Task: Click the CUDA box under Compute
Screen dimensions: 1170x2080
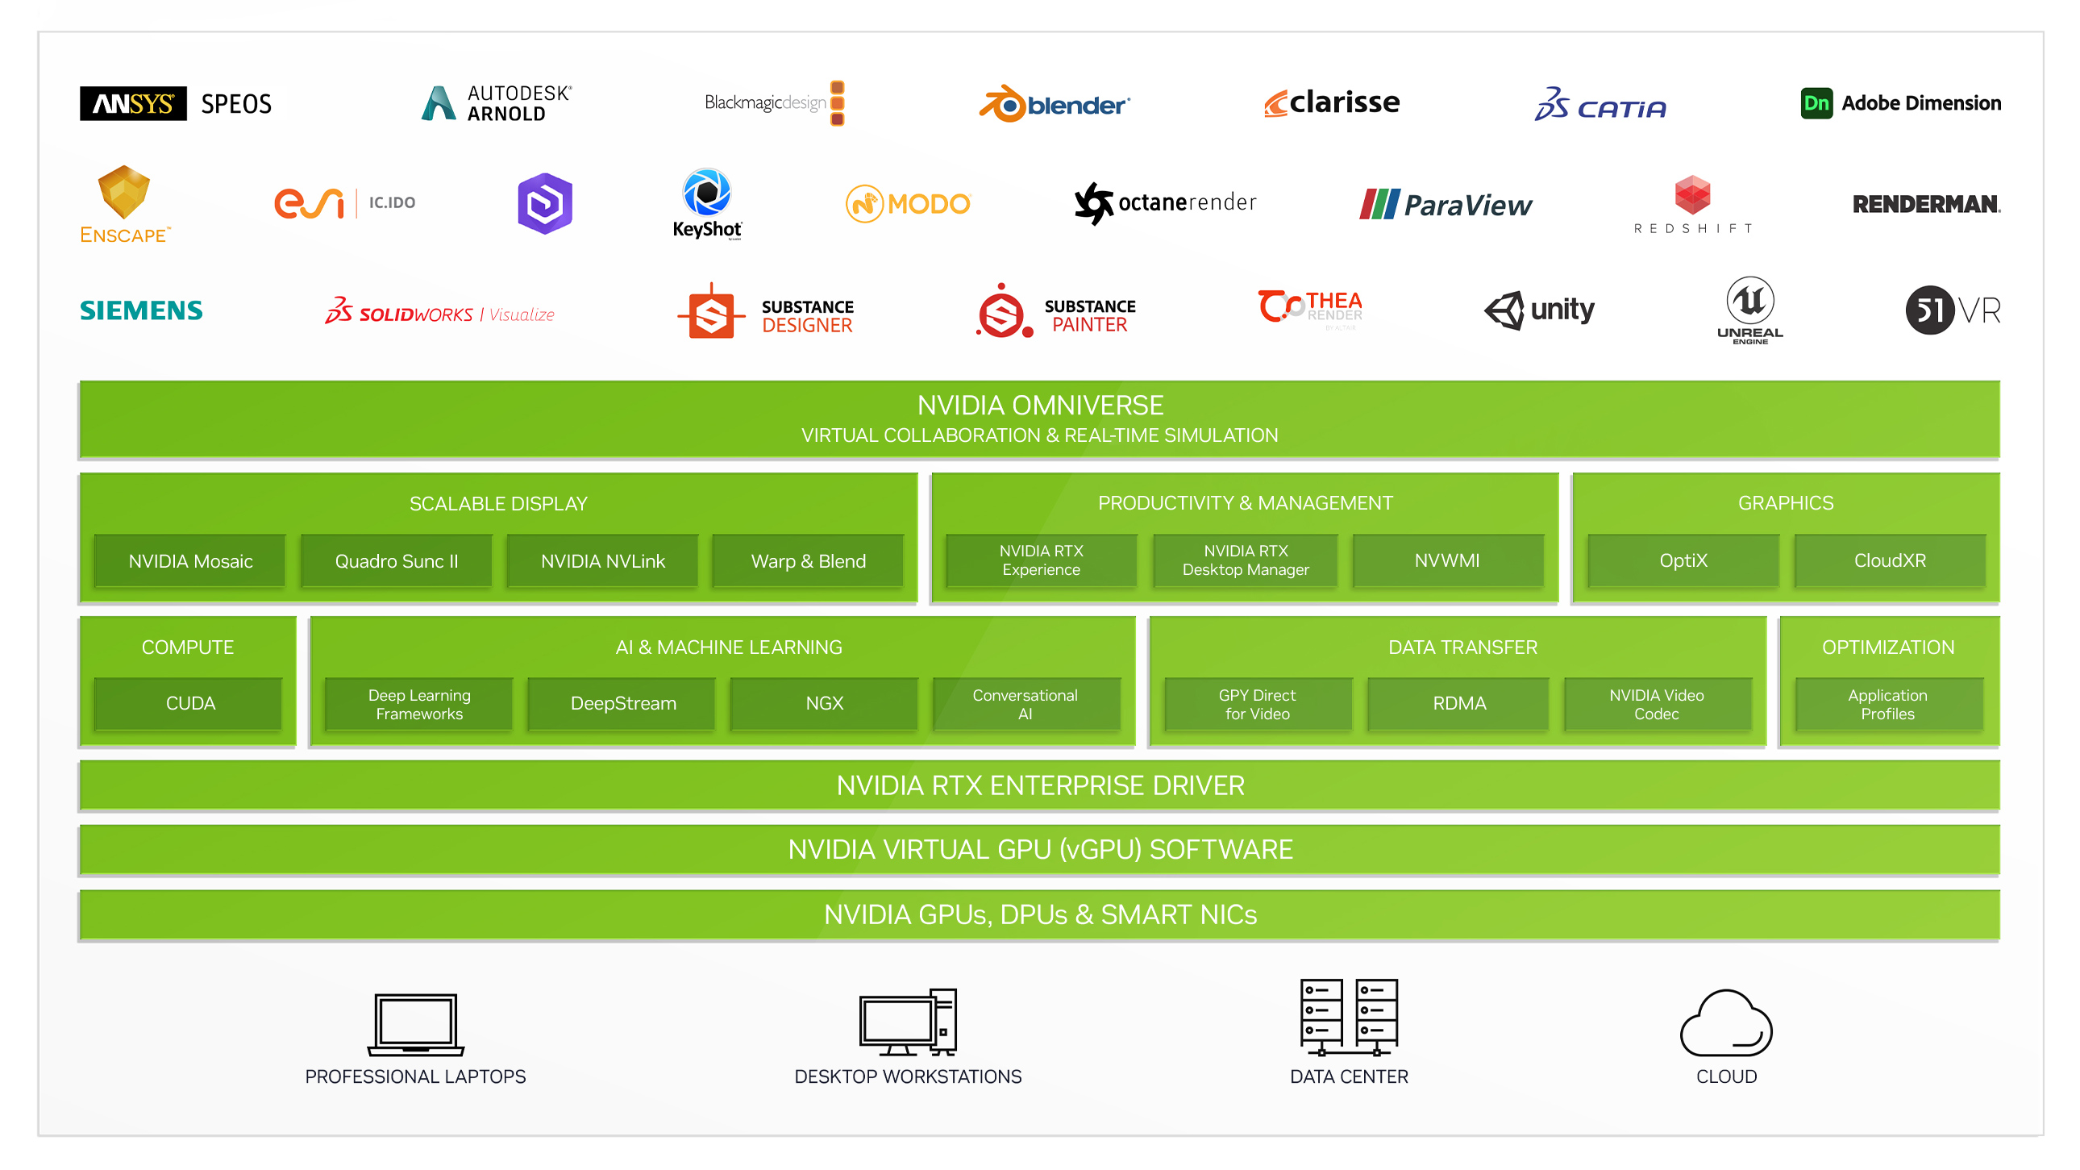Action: (189, 703)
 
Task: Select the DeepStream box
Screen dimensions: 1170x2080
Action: (622, 703)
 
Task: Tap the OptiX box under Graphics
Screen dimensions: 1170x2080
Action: (1683, 560)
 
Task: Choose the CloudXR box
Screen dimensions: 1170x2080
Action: (1890, 560)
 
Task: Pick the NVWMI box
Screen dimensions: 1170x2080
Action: (1447, 560)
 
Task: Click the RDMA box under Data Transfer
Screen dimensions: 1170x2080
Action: (1459, 703)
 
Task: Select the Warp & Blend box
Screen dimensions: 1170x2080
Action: (809, 561)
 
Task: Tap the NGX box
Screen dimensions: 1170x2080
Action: (825, 703)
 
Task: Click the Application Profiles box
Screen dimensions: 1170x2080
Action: (1887, 704)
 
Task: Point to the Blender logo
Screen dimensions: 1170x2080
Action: (1054, 104)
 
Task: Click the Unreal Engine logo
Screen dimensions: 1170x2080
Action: (1749, 310)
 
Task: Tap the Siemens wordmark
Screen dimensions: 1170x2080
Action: (141, 310)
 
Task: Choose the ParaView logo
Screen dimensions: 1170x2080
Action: (1446, 204)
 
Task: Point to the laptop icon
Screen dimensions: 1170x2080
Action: (416, 1024)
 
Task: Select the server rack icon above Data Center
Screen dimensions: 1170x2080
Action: (1349, 1018)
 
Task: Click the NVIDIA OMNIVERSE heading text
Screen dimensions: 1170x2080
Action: (1040, 406)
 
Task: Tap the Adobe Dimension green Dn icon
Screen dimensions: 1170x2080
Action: (1816, 103)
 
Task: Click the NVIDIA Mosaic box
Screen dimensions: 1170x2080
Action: (190, 561)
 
